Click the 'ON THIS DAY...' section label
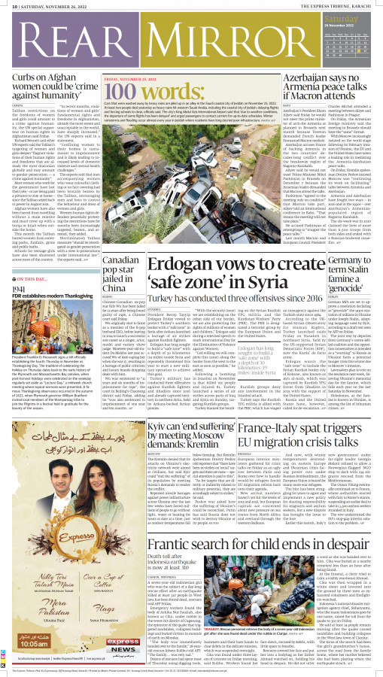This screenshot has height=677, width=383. pyautogui.click(x=34, y=278)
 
